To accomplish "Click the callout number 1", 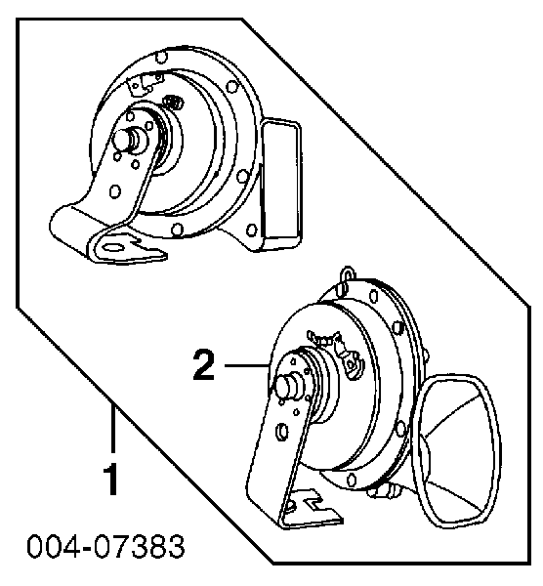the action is coord(111,480).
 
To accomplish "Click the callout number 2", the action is coord(204,364).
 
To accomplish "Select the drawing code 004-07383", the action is coord(106,546).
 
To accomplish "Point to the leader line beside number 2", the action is coord(247,365).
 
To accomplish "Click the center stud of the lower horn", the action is coord(287,387).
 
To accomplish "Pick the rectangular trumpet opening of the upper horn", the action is coord(281,179).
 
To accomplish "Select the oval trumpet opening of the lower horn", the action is coord(455,451).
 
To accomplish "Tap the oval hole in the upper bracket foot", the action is coord(113,247).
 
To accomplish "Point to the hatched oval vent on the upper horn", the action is coord(173,103).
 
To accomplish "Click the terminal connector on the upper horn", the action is coord(145,84).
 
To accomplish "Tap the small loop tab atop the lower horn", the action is coord(348,273).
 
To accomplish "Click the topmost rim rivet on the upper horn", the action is coord(161,58).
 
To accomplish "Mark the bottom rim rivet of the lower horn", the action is coord(352,480).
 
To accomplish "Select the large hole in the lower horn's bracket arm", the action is coord(281,432).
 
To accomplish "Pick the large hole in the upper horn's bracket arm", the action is coord(115,191).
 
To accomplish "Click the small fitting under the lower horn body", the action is coord(382,491).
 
